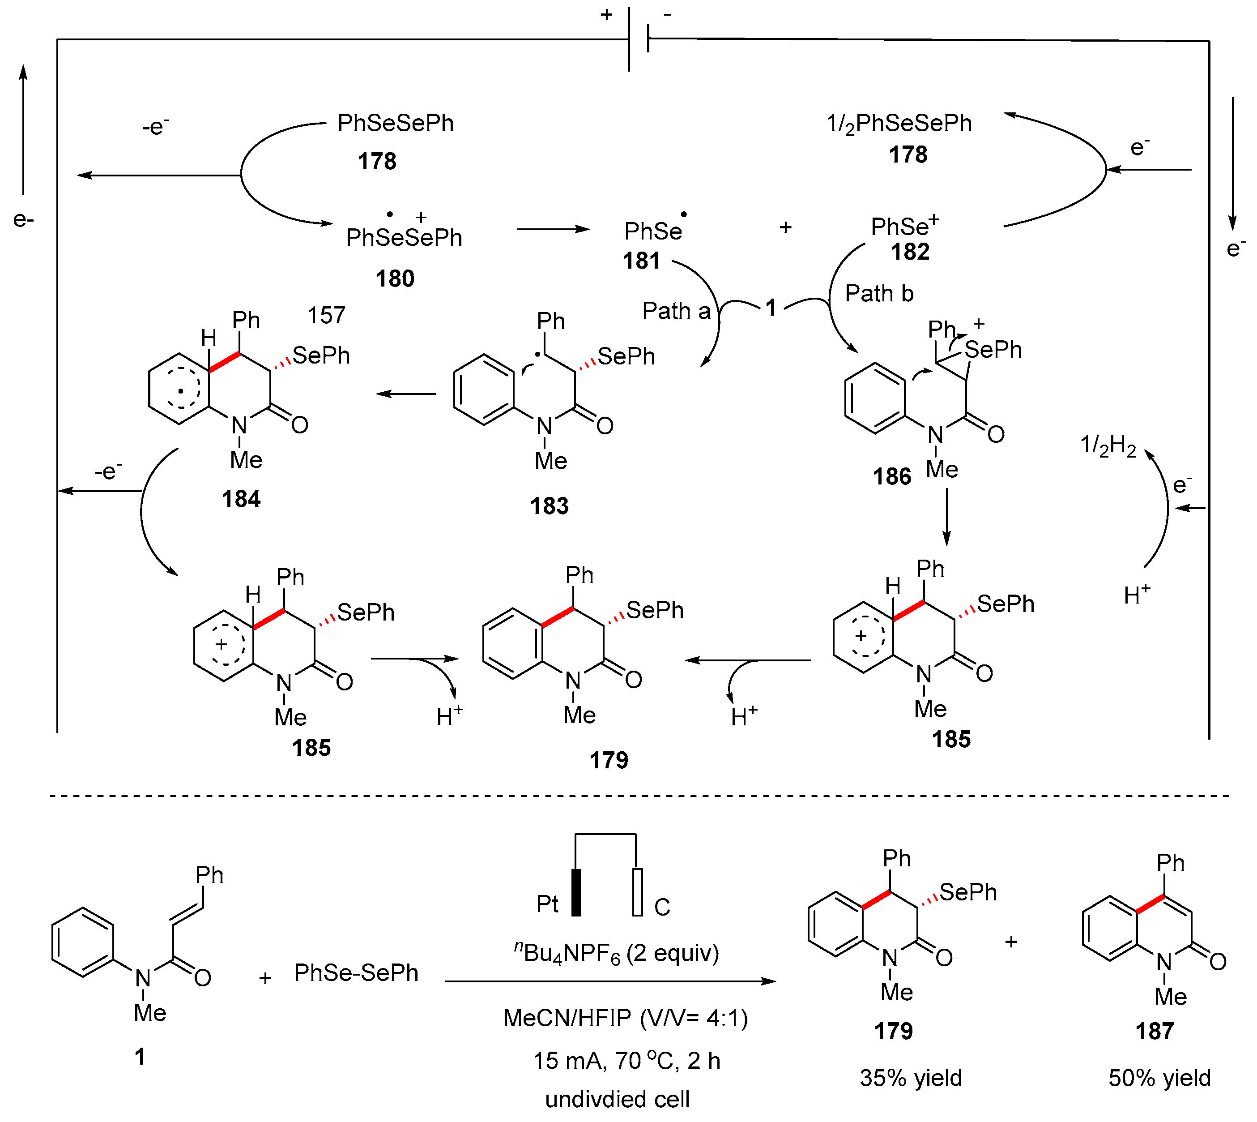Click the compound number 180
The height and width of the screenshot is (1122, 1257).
tap(395, 278)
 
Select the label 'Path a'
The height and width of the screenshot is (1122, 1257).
tap(676, 311)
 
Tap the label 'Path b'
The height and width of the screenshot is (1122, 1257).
tap(879, 293)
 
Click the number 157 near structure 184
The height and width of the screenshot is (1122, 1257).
tap(327, 316)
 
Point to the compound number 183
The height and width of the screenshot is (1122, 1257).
tap(549, 506)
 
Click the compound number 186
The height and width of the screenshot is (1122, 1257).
tap(891, 476)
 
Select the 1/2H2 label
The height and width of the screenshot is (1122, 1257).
tap(1108, 446)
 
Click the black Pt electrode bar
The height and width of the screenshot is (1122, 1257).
tap(576, 893)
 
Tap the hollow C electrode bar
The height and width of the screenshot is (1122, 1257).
tap(638, 893)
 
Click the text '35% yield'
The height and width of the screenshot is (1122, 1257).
tap(911, 1078)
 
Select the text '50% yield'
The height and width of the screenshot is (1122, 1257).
tap(1159, 1078)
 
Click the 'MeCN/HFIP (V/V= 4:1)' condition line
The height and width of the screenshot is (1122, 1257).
tap(626, 1019)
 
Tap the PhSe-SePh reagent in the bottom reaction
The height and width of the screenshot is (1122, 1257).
tap(356, 973)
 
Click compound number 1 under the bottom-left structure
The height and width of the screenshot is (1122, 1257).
tap(140, 1057)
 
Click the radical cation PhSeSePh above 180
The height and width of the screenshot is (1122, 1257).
tap(404, 237)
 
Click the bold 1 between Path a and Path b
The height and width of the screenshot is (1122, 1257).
tap(771, 308)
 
